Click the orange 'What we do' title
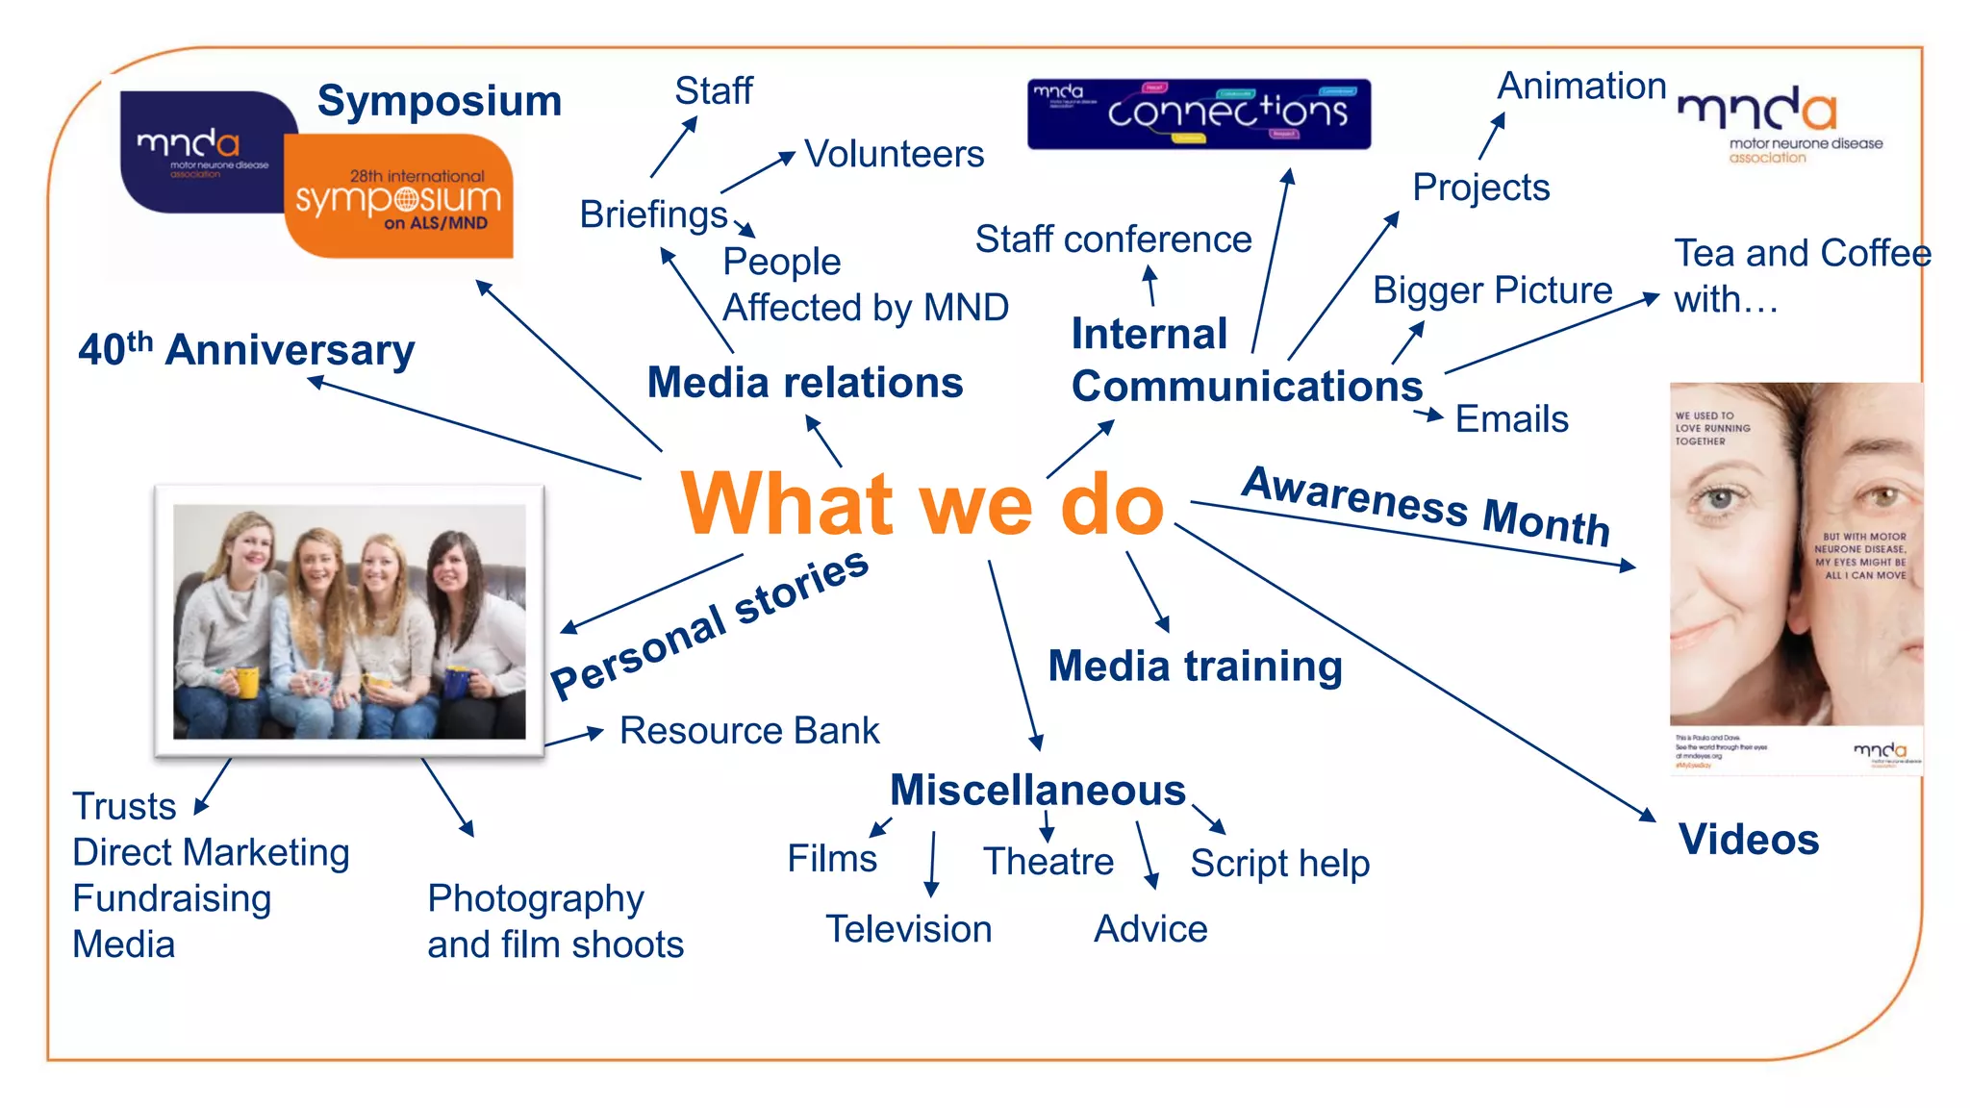pos(922,504)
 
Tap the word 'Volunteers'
pos(894,154)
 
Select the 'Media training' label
pos(1195,666)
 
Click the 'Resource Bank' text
pos(749,731)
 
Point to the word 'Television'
pos(908,929)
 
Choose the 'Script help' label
pos(1279,863)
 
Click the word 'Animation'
pos(1581,87)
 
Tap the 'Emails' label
pos(1511,419)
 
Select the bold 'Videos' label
pos(1749,840)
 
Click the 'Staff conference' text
pos(1113,239)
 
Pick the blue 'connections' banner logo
pos(1199,114)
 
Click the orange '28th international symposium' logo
pos(398,197)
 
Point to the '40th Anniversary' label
pos(246,349)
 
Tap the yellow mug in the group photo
pos(247,681)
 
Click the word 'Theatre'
pos(1048,861)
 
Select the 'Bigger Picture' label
pos(1492,290)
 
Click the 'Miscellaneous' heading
pos(1037,791)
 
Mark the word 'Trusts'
pos(124,806)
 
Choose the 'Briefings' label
pos(653,214)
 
